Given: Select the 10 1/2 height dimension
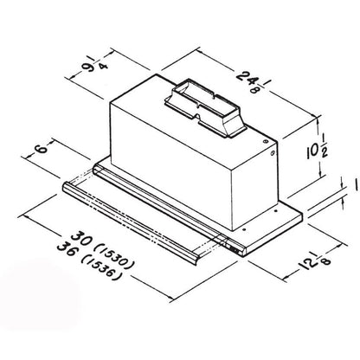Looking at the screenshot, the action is point(317,151).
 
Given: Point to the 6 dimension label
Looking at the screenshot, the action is point(41,149).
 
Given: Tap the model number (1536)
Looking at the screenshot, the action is point(101,268).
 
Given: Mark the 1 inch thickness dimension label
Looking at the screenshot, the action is point(356,184).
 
